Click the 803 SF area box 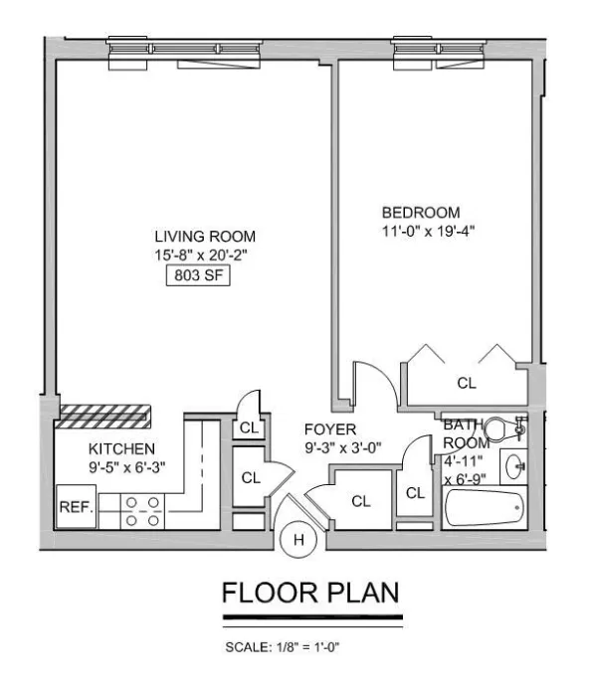tap(198, 275)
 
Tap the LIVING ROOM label tap(204, 237)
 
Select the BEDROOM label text tap(421, 213)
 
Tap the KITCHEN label tap(121, 448)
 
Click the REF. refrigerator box tap(77, 507)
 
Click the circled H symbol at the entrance tap(295, 540)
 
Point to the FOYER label tap(324, 430)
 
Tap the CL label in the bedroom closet tap(466, 382)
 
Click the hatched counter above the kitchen tap(103, 413)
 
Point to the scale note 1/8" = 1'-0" tap(286, 647)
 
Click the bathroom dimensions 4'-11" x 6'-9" tap(464, 469)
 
